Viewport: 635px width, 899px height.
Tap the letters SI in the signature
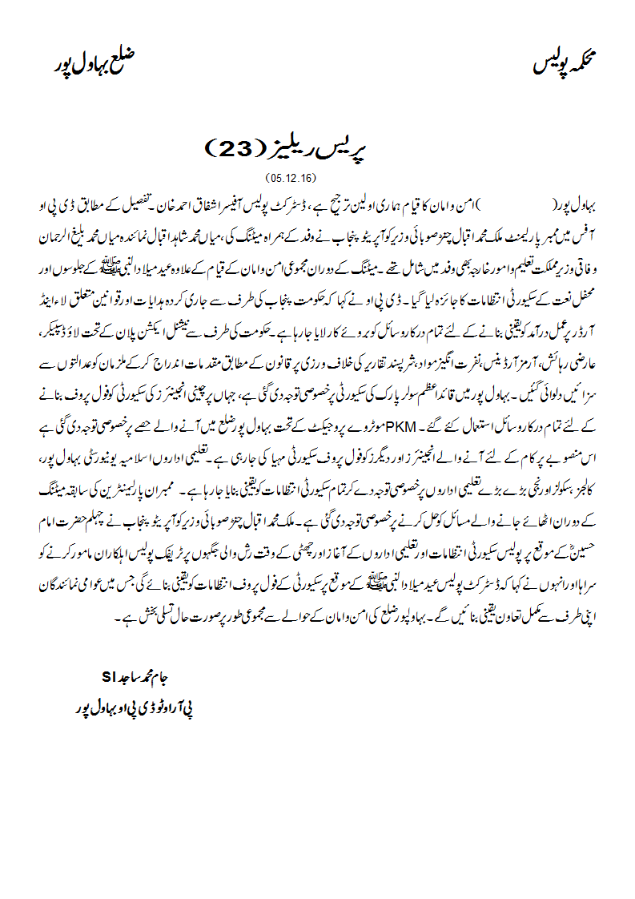click(109, 675)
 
